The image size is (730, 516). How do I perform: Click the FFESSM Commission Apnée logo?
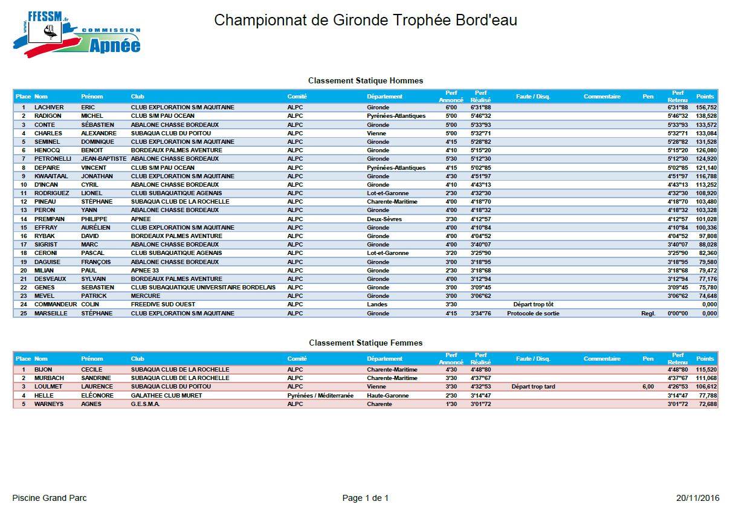pyautogui.click(x=76, y=34)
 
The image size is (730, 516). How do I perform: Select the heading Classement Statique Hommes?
pyautogui.click(x=365, y=80)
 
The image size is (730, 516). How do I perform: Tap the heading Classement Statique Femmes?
pyautogui.click(x=365, y=343)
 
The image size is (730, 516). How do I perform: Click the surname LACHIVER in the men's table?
pyautogui.click(x=50, y=108)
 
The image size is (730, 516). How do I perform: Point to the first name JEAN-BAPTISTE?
pyautogui.click(x=103, y=159)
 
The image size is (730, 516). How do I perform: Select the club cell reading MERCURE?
pyautogui.click(x=146, y=296)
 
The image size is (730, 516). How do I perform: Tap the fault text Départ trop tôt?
pyautogui.click(x=533, y=305)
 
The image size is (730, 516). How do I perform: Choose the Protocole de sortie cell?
pyautogui.click(x=533, y=314)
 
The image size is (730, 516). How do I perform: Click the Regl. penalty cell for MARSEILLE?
pyautogui.click(x=648, y=314)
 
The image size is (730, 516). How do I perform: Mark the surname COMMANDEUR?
pyautogui.click(x=56, y=305)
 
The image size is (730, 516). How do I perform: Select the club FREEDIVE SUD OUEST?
pyautogui.click(x=163, y=305)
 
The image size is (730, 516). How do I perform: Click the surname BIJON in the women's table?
pyautogui.click(x=44, y=369)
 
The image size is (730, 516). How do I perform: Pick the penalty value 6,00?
pyautogui.click(x=648, y=387)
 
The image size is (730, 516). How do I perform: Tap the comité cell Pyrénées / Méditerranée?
pyautogui.click(x=320, y=395)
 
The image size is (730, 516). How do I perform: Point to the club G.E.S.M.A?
pyautogui.click(x=146, y=404)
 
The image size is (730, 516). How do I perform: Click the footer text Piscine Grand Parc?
pyautogui.click(x=50, y=498)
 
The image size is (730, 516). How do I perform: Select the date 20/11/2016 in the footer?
pyautogui.click(x=698, y=498)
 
